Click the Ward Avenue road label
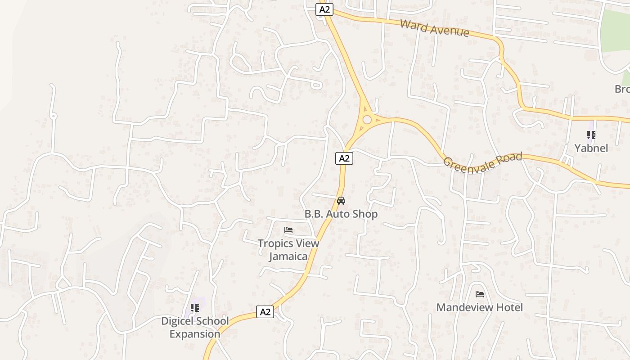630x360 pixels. (434, 28)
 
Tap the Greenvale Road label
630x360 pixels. (482, 161)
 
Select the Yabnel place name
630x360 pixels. (591, 148)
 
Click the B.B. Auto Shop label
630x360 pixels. (341, 214)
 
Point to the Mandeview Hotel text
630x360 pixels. (480, 307)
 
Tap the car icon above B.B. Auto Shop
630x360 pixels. (341, 201)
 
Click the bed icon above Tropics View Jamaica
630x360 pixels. (288, 230)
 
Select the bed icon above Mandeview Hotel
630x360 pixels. (480, 294)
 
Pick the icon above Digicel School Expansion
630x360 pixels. (194, 308)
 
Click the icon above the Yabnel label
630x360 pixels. (591, 135)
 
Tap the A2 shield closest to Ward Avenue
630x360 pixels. (324, 9)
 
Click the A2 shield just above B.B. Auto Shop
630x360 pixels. (344, 158)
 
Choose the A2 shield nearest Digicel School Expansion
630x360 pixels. (265, 311)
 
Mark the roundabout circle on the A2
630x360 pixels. (367, 119)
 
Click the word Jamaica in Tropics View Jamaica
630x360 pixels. (288, 256)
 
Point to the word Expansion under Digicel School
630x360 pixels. (195, 334)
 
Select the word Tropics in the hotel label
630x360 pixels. (274, 243)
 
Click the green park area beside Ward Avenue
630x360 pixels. (617, 31)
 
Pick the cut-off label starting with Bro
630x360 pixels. (622, 89)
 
